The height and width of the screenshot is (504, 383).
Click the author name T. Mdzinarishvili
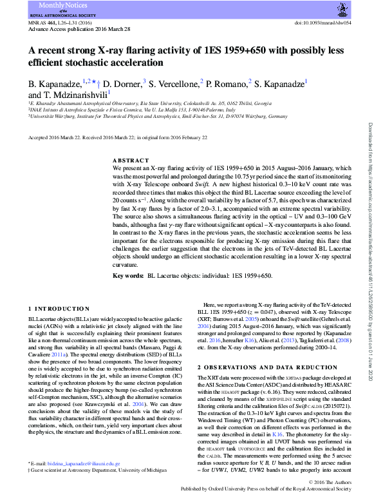coord(77,94)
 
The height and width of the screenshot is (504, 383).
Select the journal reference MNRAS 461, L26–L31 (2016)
coord(57,22)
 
